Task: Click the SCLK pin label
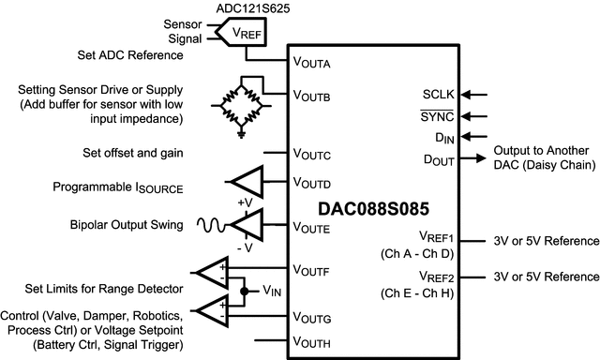point(439,95)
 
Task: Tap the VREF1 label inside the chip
point(438,239)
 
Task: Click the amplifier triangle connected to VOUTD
point(247,181)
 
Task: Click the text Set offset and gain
point(133,152)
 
